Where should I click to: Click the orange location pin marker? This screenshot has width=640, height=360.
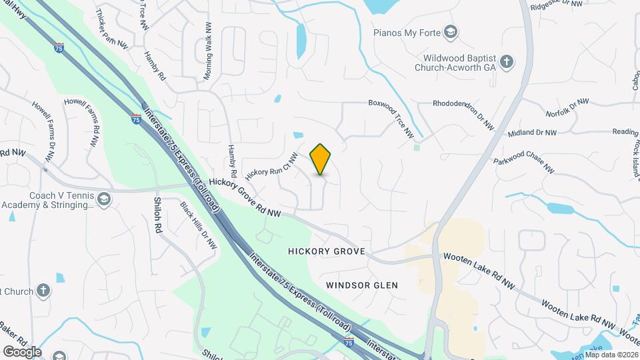coord(321,159)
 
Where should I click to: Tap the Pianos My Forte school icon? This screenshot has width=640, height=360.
coord(451,32)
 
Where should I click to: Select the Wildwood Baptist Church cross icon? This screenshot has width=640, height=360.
coord(507,62)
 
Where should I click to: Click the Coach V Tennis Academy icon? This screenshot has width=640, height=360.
coord(103,199)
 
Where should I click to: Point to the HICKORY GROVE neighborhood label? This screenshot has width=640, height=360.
coord(327,251)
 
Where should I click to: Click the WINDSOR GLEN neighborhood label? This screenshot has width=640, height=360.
coord(362,285)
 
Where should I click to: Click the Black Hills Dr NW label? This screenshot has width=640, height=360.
coord(199,226)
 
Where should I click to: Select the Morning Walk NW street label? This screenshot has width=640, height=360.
coord(208,51)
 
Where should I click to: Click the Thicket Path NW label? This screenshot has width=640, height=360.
coord(111,29)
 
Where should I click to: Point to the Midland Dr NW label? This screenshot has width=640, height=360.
coord(532,133)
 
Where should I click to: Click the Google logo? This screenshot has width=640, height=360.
coord(22,351)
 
